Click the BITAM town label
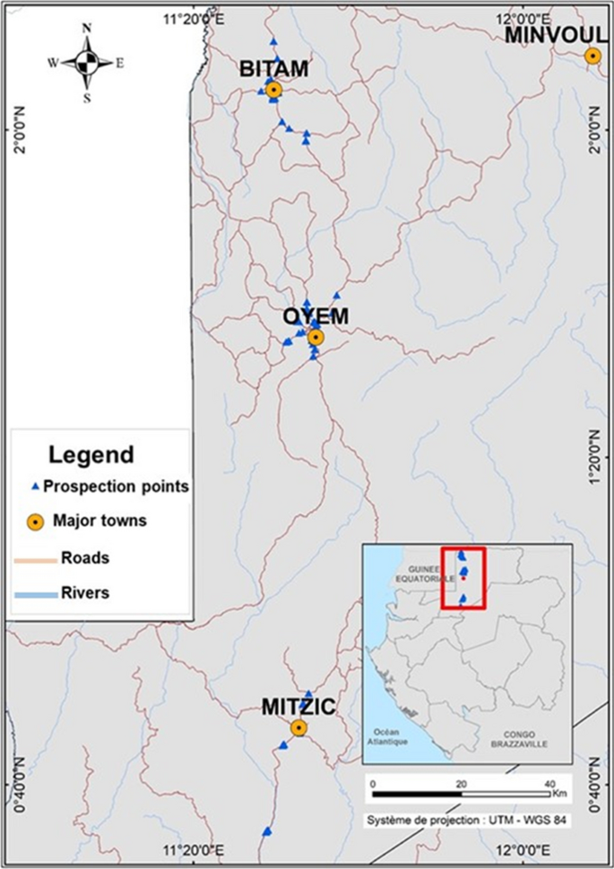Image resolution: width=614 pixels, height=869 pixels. click(273, 69)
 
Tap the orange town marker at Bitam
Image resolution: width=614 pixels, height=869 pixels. click(274, 90)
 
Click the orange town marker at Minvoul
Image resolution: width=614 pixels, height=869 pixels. click(592, 56)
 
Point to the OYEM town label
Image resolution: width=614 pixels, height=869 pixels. click(316, 317)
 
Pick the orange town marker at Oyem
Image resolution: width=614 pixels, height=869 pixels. click(316, 338)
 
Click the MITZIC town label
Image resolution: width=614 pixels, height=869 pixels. click(298, 707)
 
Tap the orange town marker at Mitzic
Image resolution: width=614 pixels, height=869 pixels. click(299, 728)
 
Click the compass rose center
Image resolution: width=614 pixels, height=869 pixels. click(87, 63)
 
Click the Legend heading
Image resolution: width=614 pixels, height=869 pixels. click(91, 454)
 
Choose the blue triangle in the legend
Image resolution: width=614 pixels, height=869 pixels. click(35, 487)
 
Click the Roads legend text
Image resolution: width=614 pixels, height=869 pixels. click(85, 557)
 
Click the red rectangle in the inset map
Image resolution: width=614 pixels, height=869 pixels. click(463, 578)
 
